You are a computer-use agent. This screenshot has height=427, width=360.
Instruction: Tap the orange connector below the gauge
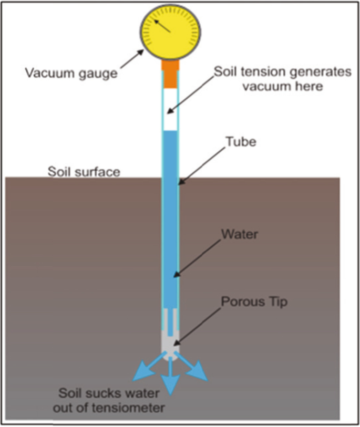coord(170,67)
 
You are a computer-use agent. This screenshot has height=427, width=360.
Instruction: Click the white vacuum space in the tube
coord(170,108)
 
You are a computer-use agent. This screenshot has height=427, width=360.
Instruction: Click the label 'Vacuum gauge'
coord(70,73)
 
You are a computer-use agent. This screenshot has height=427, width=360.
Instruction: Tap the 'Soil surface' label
coord(84,172)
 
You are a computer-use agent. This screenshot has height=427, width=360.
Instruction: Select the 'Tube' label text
coord(241,142)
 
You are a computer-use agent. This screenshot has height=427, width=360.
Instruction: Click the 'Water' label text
coord(240,234)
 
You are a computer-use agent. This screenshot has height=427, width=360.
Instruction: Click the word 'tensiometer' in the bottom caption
coord(131,407)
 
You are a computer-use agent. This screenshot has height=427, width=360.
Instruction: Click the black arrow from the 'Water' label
coord(200,258)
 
